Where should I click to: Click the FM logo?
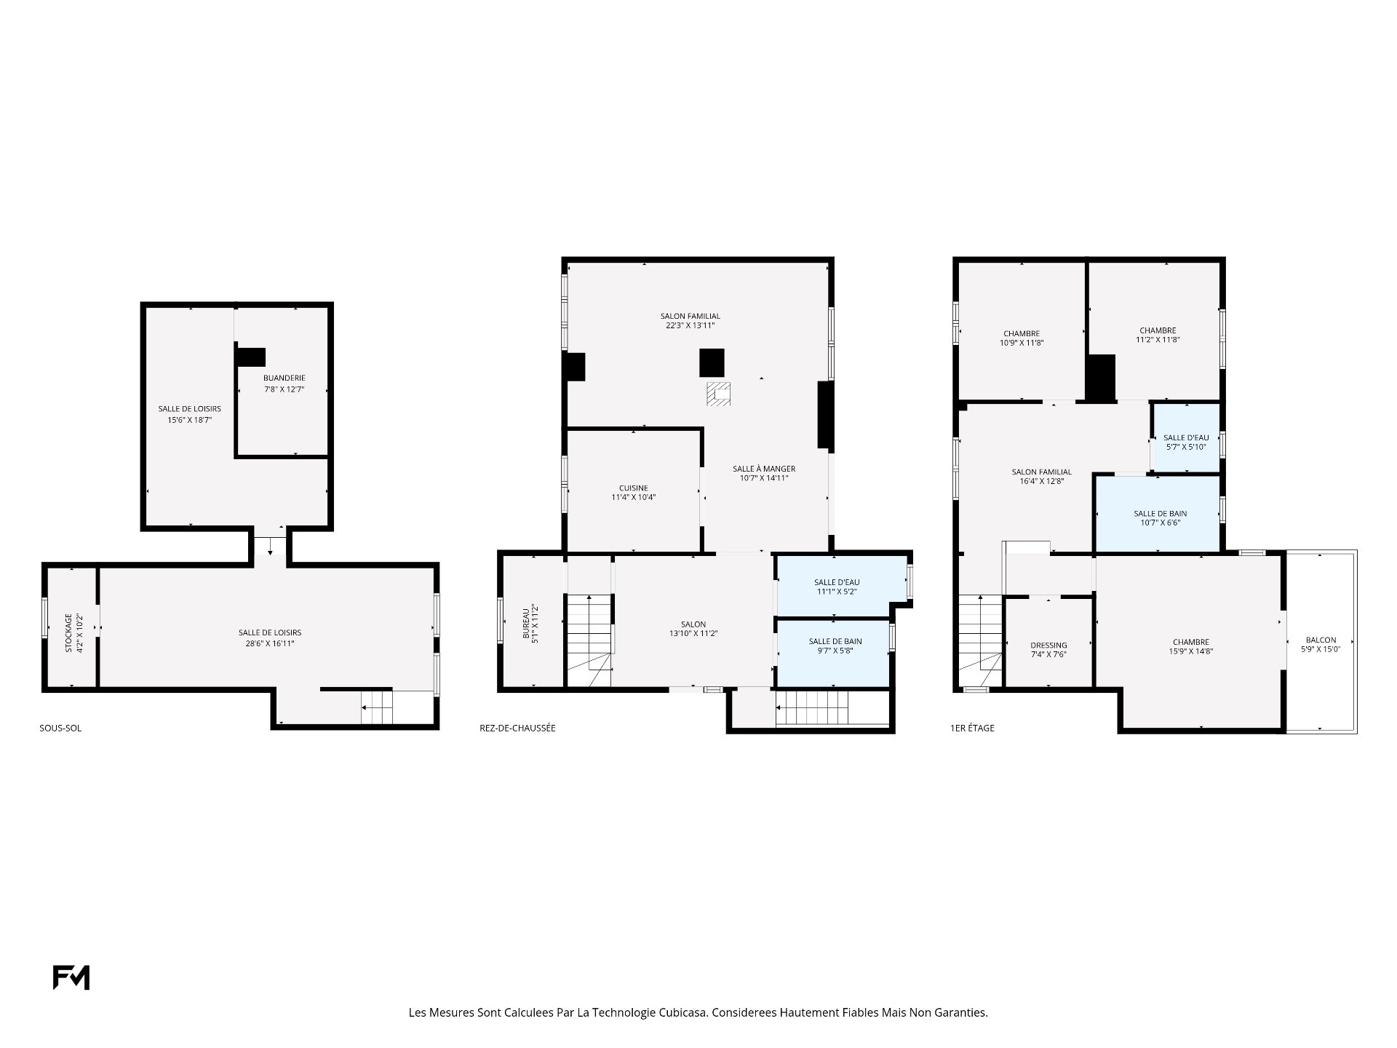point(71,977)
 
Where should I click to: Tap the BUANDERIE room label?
point(284,378)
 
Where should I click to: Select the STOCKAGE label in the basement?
point(68,632)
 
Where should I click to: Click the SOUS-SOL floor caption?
point(60,728)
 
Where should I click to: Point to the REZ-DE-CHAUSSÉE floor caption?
point(517,728)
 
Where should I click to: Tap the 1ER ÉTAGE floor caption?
point(972,728)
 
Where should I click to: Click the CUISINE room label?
point(634,488)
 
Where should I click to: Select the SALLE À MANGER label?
point(764,469)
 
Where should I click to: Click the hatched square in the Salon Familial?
point(718,394)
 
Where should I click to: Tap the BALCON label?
point(1321,640)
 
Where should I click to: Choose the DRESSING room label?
point(1049,645)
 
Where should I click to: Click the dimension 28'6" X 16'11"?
point(270,643)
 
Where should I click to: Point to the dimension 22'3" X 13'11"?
point(690,325)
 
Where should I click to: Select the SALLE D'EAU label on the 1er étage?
point(1186,437)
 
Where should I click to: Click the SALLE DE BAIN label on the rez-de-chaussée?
point(835,641)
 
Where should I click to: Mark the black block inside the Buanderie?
point(250,357)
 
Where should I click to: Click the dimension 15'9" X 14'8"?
point(1191,651)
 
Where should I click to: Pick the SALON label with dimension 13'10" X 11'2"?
point(693,624)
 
